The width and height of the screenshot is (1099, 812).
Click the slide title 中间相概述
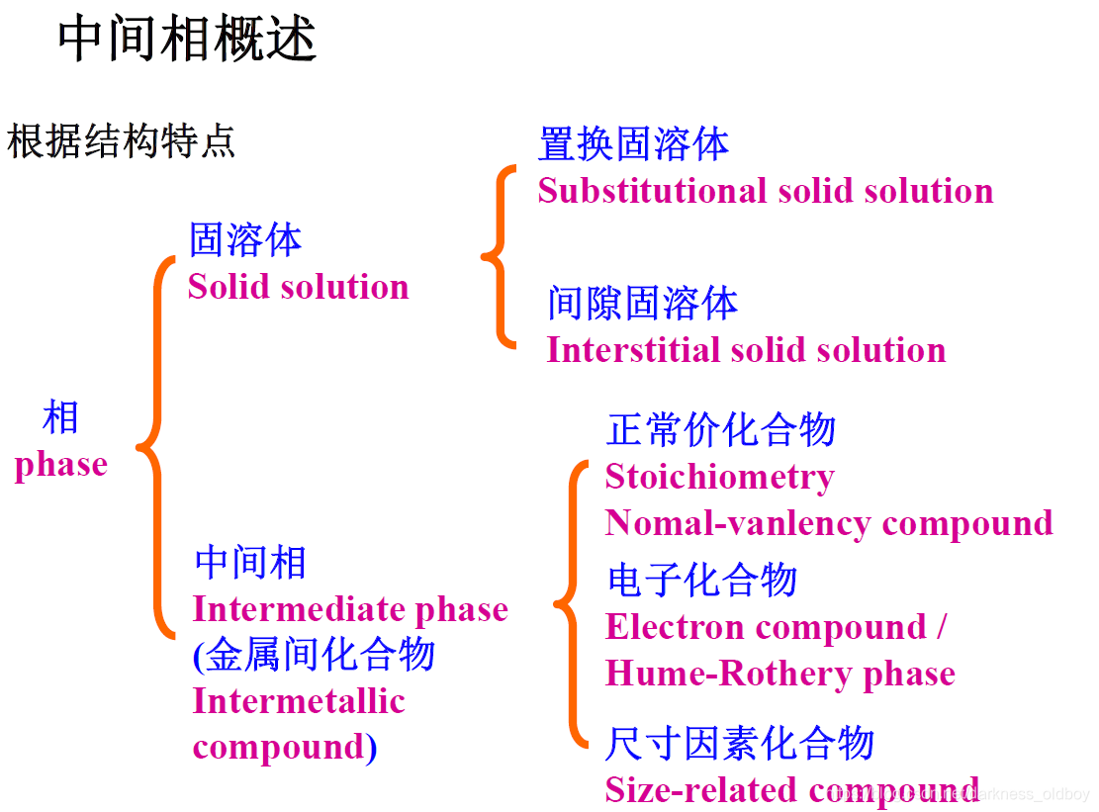(x=187, y=40)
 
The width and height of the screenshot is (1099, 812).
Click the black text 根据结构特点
(x=121, y=141)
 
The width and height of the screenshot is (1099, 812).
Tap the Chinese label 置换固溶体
(x=633, y=144)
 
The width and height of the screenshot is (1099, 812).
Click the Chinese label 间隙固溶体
(x=643, y=304)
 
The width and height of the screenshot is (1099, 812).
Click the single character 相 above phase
(x=60, y=418)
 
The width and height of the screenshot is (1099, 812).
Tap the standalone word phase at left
(x=60, y=464)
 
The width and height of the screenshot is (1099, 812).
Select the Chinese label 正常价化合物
(x=721, y=430)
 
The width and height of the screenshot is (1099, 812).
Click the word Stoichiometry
(x=719, y=477)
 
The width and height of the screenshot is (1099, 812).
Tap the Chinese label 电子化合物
(x=701, y=581)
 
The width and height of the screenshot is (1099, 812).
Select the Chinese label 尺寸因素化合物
(x=740, y=743)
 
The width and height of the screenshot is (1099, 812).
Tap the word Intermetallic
(x=299, y=701)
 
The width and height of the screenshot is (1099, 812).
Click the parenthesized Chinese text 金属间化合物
(x=319, y=655)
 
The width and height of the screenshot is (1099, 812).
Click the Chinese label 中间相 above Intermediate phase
(x=250, y=563)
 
